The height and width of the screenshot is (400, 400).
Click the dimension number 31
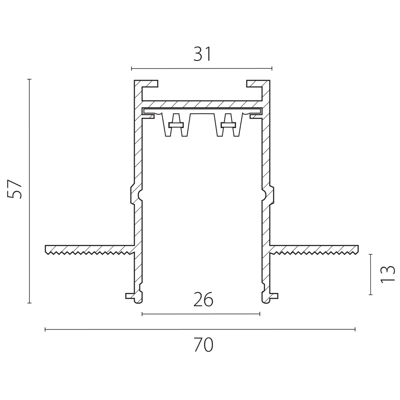click(202, 54)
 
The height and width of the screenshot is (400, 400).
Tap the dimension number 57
click(15, 189)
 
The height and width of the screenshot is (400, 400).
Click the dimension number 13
click(387, 274)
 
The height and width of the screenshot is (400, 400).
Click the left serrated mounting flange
click(90, 250)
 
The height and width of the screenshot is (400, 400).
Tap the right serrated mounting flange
click(314, 250)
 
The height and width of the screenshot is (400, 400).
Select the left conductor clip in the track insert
click(176, 125)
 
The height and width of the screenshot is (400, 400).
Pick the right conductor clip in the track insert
click(228, 125)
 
